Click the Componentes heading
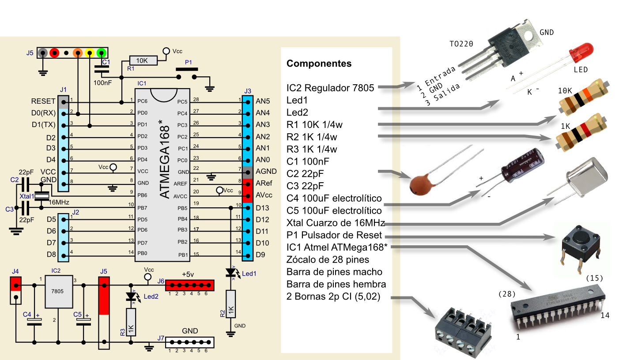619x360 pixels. pos(319,64)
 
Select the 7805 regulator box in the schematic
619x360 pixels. pos(59,292)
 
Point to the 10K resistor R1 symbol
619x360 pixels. pos(143,60)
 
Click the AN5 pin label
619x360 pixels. pos(263,101)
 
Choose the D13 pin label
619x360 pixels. pos(263,208)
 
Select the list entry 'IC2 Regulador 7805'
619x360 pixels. pos(330,88)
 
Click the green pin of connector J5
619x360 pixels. pos(101,53)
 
